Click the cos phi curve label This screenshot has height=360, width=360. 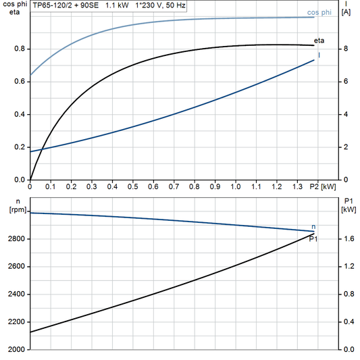(318, 11)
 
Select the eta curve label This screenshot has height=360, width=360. (319, 42)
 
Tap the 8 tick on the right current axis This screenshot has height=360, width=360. (346, 49)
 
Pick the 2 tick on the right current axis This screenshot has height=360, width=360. (346, 147)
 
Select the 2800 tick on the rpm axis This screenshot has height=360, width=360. (17, 239)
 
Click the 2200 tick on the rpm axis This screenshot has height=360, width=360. (17, 322)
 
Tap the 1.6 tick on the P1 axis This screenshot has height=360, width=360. (349, 239)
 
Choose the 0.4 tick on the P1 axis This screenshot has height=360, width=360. (349, 322)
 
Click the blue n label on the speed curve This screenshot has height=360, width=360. (313, 226)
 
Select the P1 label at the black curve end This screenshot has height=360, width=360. (313, 239)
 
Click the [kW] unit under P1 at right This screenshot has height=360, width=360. (349, 210)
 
